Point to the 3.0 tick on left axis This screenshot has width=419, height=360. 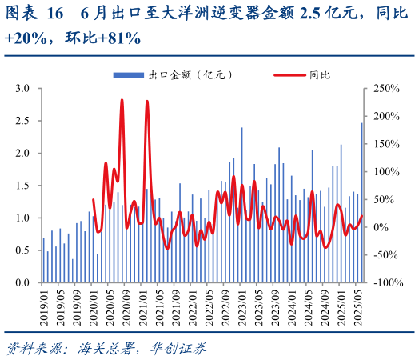(x=23, y=89)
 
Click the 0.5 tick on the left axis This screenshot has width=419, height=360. (x=23, y=250)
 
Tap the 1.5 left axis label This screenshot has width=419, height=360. (x=23, y=186)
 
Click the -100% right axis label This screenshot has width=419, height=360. (x=385, y=283)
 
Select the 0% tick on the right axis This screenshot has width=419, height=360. (x=379, y=227)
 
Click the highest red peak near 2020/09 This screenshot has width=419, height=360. (x=122, y=101)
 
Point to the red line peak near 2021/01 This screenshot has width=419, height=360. (x=147, y=102)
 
